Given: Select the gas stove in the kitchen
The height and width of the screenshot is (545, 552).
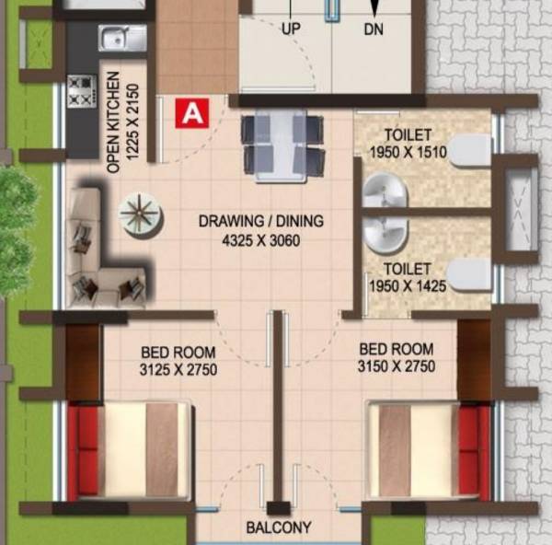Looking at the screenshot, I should [81, 90].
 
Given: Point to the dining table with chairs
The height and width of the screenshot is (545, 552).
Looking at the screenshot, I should [282, 145].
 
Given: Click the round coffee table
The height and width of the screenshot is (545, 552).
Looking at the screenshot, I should [141, 215].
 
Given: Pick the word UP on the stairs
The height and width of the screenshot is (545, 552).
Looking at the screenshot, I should [291, 29].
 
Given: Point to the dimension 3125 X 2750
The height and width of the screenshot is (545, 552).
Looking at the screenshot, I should [178, 367].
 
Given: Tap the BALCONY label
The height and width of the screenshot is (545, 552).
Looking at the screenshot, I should [278, 528].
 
